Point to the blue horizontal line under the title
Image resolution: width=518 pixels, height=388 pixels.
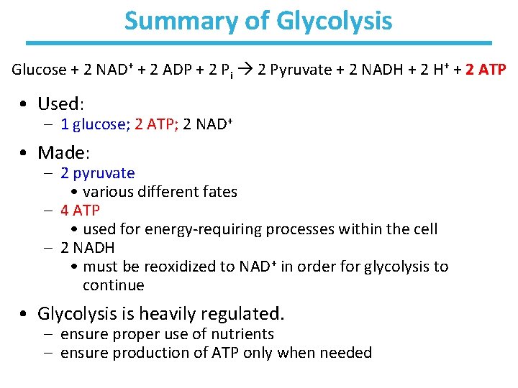pos(259,43)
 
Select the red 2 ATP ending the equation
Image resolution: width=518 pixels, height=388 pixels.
pos(486,70)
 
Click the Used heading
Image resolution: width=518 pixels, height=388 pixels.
pos(62,103)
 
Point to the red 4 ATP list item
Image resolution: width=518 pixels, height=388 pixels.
pos(80,211)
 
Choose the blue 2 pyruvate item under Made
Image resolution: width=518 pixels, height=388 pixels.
pos(97,173)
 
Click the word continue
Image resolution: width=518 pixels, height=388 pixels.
pos(113,285)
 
